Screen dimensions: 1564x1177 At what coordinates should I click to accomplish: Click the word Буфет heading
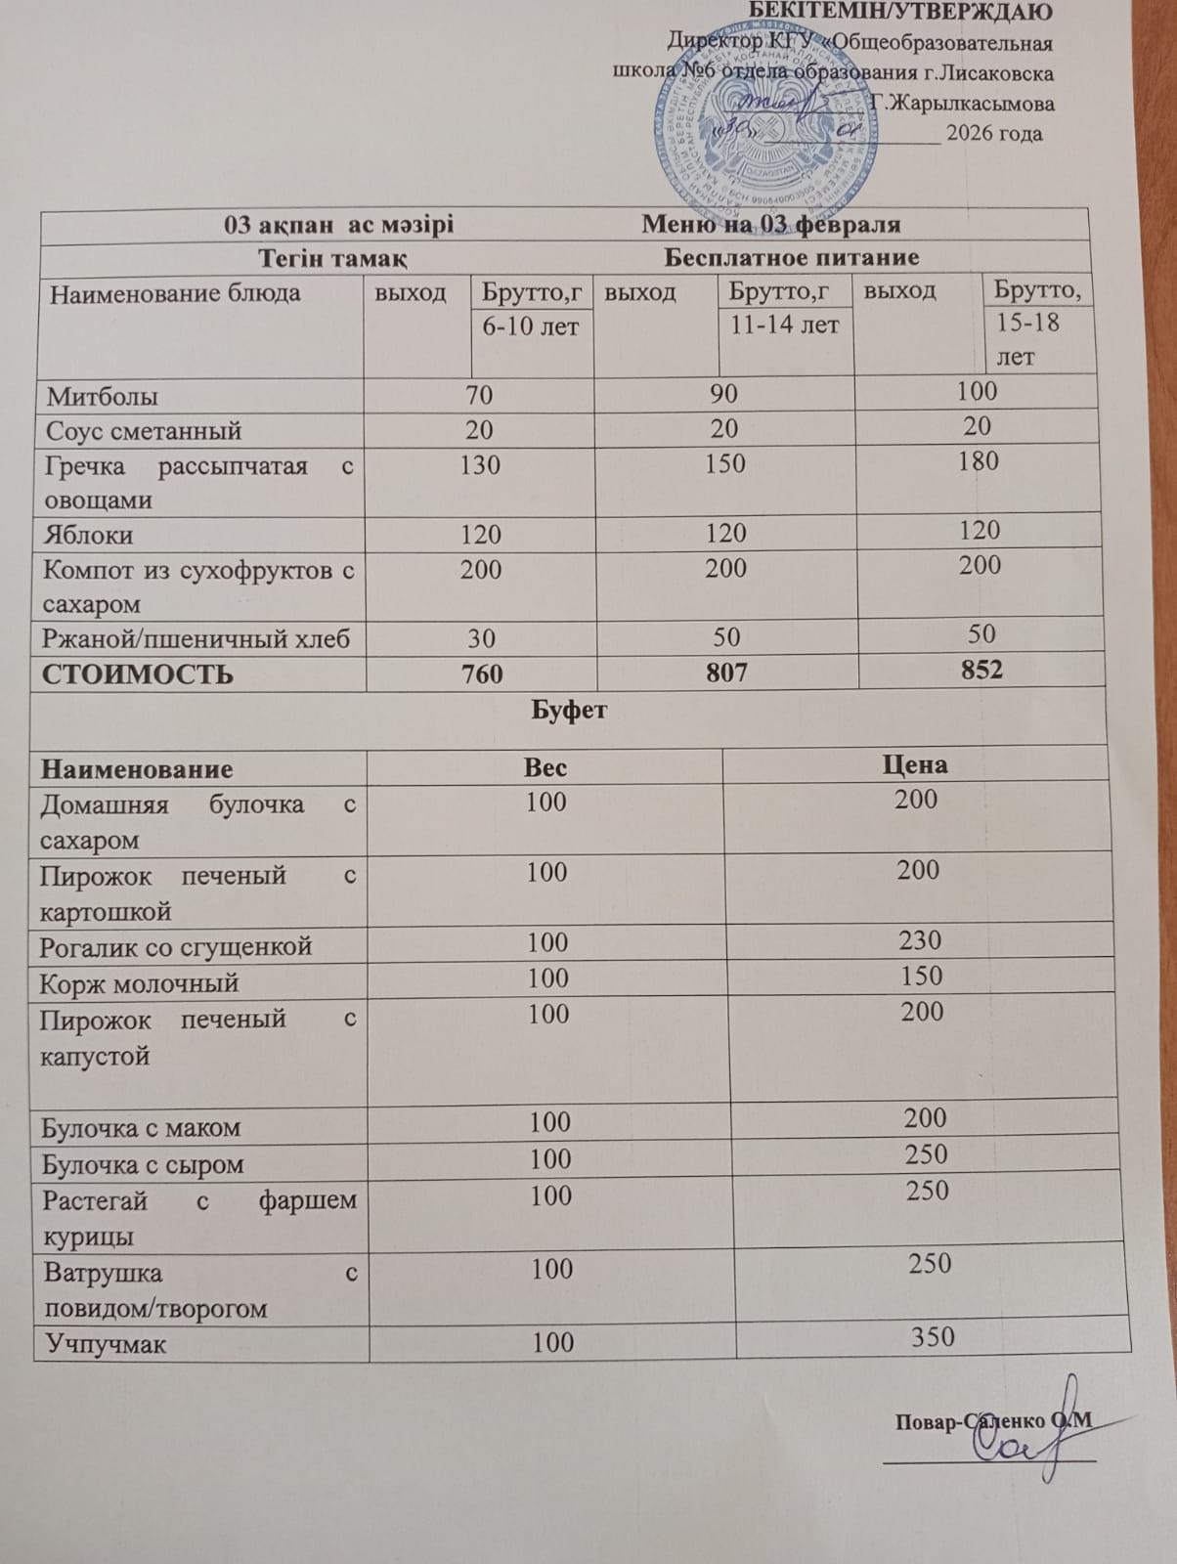click(568, 711)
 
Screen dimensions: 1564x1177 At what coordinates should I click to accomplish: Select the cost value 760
click(480, 674)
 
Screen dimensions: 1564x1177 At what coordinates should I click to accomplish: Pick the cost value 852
click(981, 670)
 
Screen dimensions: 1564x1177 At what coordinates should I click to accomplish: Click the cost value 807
click(725, 673)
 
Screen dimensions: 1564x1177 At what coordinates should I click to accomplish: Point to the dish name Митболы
click(103, 397)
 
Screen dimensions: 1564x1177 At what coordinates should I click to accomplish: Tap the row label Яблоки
click(89, 536)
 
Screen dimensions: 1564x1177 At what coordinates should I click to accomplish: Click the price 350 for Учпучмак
click(932, 1336)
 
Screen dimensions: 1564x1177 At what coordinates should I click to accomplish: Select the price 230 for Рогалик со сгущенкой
click(920, 940)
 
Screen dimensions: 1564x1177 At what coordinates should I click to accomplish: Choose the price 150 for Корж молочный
click(921, 977)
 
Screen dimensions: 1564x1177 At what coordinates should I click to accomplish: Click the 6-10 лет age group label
click(531, 326)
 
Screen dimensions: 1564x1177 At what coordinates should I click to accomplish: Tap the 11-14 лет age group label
click(784, 325)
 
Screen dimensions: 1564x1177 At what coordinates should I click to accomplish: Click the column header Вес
click(545, 767)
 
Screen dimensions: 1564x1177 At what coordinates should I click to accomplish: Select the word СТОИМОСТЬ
click(137, 675)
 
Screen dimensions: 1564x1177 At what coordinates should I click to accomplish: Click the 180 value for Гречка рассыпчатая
click(978, 460)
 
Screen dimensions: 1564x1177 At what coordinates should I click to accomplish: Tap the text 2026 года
click(993, 133)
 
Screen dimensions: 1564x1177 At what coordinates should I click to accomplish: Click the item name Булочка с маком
click(141, 1128)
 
